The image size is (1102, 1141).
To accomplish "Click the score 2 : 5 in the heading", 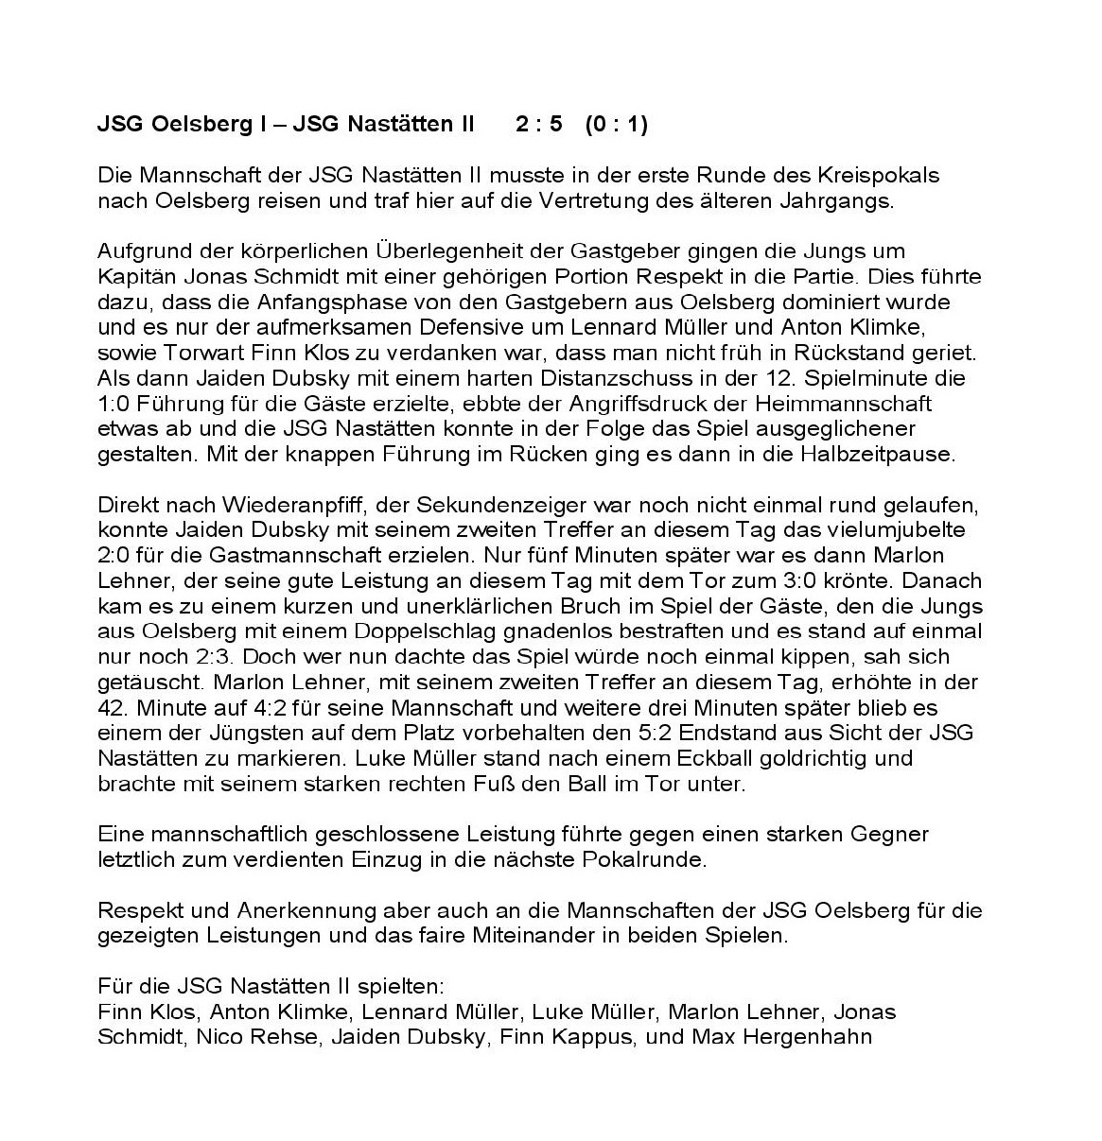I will (538, 125).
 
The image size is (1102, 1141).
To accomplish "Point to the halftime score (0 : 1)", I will (616, 125).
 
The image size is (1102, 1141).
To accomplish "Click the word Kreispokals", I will (871, 176).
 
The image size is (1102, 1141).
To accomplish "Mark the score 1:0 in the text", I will (116, 404).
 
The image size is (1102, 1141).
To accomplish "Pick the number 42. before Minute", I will (114, 707).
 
